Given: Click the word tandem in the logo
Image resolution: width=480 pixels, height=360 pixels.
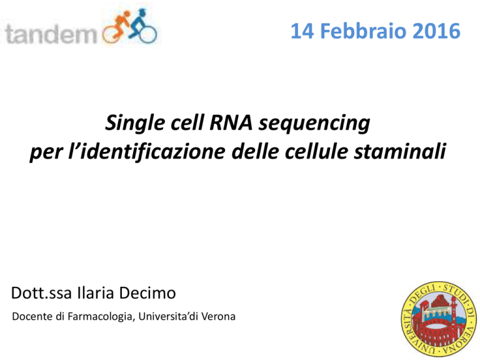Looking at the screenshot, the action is click(x=51, y=34).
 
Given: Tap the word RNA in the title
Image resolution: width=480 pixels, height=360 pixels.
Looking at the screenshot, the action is click(x=231, y=122).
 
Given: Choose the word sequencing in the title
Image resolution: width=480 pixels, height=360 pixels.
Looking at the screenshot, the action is click(x=314, y=124).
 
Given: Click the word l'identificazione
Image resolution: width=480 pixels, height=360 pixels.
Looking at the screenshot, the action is click(x=147, y=151).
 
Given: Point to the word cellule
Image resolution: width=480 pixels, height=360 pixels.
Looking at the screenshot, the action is click(x=316, y=151).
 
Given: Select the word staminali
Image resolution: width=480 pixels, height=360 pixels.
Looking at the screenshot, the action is click(x=400, y=151).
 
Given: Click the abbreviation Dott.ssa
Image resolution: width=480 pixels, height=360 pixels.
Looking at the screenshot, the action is click(x=41, y=293).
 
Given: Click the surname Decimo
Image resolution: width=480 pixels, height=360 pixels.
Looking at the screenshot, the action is click(x=147, y=293).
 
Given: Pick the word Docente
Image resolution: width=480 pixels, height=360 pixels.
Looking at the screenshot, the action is click(x=32, y=316).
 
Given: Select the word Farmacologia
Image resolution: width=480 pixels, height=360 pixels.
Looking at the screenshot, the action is click(x=101, y=317).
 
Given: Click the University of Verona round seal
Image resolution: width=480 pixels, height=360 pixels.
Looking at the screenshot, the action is click(x=439, y=318).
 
